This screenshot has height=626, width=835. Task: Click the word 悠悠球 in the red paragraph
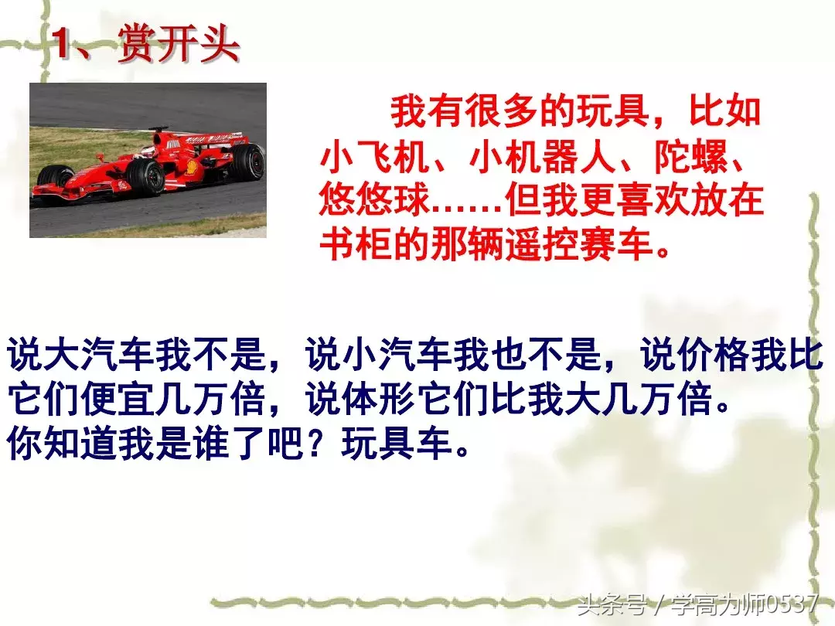(x=376, y=201)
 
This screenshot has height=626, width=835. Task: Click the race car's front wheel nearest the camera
(x=147, y=177)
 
